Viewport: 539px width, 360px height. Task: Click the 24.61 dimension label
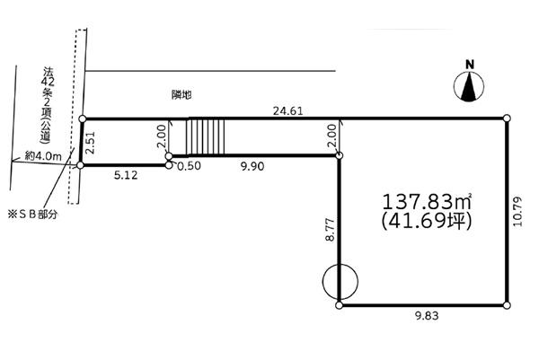[287, 110]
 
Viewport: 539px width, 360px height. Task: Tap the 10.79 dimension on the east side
[517, 211]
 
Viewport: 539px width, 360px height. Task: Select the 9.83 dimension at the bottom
[427, 316]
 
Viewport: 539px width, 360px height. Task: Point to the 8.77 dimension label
[330, 229]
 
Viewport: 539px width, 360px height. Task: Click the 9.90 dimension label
[252, 166]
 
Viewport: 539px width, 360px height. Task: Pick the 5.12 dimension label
[126, 175]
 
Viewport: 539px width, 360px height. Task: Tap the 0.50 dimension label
[189, 166]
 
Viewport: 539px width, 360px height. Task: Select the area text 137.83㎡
[426, 202]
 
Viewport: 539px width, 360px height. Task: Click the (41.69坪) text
[426, 221]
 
